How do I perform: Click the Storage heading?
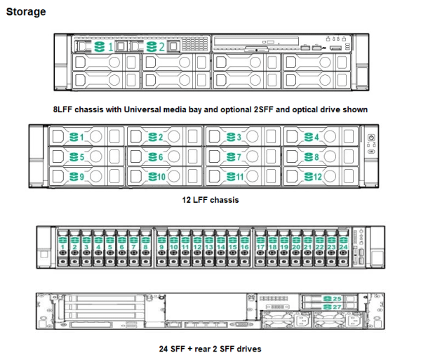pyautogui.click(x=26, y=12)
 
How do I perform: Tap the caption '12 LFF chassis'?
pyautogui.click(x=210, y=200)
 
